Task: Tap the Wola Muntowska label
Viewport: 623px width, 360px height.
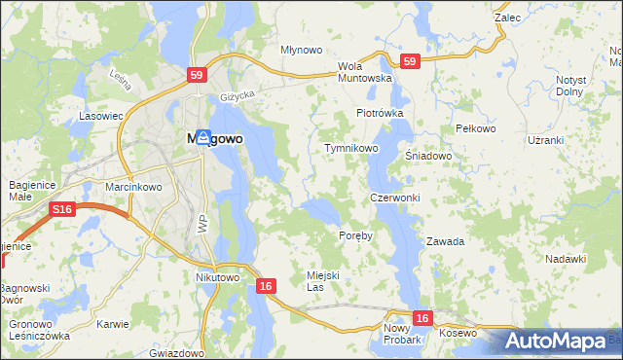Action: coord(364,72)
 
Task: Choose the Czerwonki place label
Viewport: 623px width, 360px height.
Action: coord(394,198)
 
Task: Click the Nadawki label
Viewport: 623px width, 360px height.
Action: coord(566,259)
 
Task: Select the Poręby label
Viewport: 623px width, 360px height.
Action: coord(355,236)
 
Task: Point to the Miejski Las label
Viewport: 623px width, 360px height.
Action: coord(322,281)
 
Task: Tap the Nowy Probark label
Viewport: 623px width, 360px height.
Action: coord(401,335)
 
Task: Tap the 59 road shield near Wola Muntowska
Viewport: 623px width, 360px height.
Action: coord(409,61)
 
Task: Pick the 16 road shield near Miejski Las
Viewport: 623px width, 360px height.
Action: coord(266,286)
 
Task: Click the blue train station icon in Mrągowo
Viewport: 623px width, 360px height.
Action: coord(202,137)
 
